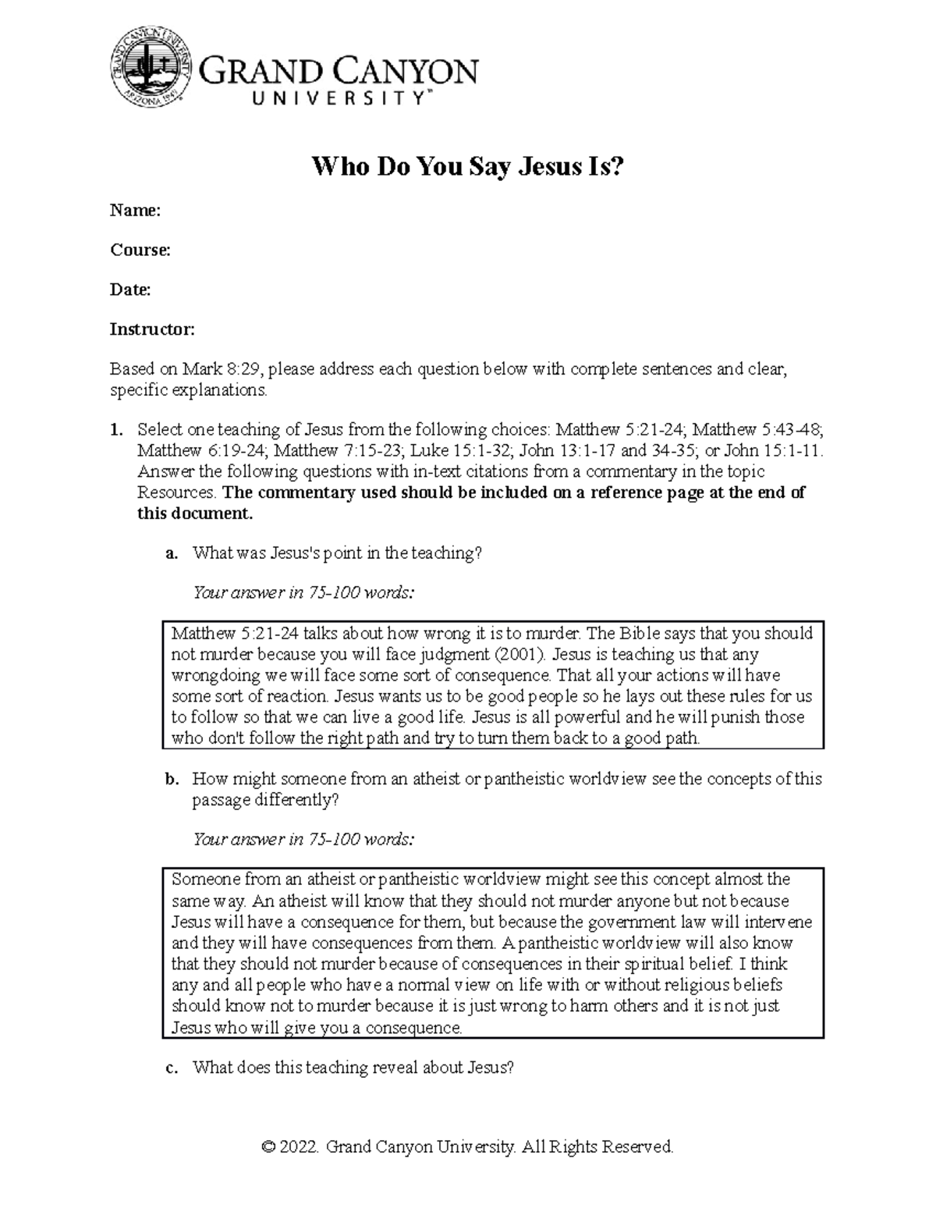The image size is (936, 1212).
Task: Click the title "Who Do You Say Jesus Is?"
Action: pyautogui.click(x=468, y=167)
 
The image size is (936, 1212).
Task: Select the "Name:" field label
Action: pyautogui.click(x=135, y=210)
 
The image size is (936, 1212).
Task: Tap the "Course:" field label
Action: pyautogui.click(x=140, y=250)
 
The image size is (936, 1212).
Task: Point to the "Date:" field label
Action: pyautogui.click(x=129, y=290)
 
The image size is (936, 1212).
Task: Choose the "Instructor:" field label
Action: pyautogui.click(x=151, y=329)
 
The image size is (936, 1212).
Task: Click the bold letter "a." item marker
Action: pyautogui.click(x=172, y=553)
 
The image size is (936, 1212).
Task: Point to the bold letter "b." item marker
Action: pyautogui.click(x=172, y=779)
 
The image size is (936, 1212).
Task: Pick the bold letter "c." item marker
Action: pyautogui.click(x=172, y=1068)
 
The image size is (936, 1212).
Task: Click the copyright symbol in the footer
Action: pyautogui.click(x=269, y=1147)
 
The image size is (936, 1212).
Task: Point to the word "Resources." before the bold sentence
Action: pyautogui.click(x=178, y=492)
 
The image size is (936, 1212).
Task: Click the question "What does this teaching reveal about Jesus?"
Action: pyautogui.click(x=353, y=1068)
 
